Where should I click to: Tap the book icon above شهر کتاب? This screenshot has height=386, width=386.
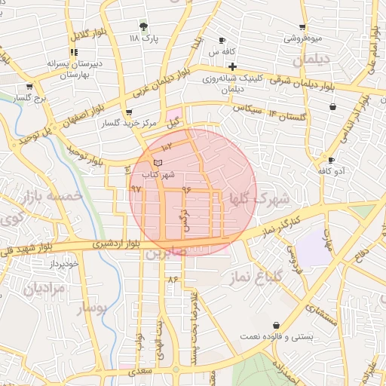pos(158,162)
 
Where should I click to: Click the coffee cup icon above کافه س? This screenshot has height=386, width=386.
pos(222,40)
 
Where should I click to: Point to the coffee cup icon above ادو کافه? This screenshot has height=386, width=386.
pos(331,160)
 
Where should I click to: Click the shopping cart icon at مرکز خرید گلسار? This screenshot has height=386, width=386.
pos(137,115)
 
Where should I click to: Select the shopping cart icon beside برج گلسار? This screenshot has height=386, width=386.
pos(29,87)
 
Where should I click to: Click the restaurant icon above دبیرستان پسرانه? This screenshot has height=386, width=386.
pos(73,52)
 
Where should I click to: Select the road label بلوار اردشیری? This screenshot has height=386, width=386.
pos(114,244)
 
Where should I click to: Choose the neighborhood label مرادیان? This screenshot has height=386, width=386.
pos(44,288)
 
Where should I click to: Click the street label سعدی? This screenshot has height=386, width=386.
pos(140,372)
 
